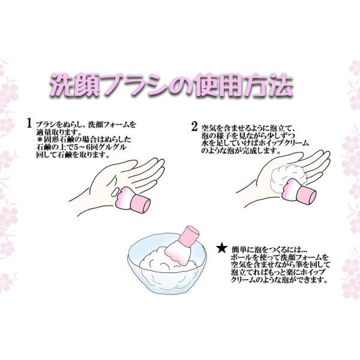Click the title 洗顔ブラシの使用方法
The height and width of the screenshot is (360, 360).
[171, 85]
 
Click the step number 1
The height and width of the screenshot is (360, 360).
[29, 123]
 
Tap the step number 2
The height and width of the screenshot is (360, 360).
[194, 127]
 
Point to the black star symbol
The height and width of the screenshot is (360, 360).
[222, 249]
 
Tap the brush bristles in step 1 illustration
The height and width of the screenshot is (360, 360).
[124, 196]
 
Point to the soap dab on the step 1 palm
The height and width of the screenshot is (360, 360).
[115, 192]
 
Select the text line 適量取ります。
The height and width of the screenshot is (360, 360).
[59, 133]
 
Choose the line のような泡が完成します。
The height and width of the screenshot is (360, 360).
[241, 151]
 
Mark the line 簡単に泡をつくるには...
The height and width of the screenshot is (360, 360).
[269, 250]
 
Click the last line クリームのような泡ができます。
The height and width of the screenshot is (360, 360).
[279, 280]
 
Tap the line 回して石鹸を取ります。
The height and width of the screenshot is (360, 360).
[73, 155]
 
